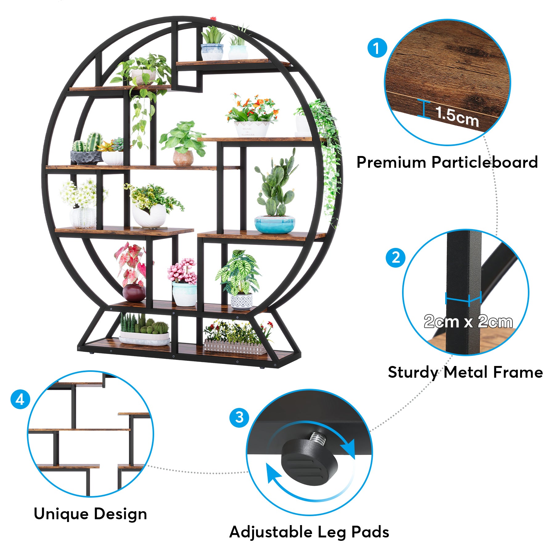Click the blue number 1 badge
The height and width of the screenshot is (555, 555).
(377, 48)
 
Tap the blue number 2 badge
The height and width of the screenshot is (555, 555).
(396, 257)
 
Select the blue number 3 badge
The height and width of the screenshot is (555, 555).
(239, 418)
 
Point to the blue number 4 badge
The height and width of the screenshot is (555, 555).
(20, 399)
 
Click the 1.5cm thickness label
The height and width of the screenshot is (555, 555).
(457, 116)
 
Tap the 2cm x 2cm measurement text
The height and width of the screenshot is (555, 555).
(468, 321)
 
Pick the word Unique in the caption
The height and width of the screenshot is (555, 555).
(62, 514)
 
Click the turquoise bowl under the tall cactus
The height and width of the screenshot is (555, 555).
(274, 224)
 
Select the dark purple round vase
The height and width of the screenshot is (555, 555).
(134, 293)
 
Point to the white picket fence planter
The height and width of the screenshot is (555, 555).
(235, 347)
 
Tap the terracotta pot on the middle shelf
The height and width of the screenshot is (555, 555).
(183, 158)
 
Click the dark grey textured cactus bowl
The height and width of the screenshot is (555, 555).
(86, 157)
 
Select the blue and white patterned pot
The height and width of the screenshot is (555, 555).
(241, 302)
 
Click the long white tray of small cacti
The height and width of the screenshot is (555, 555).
(144, 338)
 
